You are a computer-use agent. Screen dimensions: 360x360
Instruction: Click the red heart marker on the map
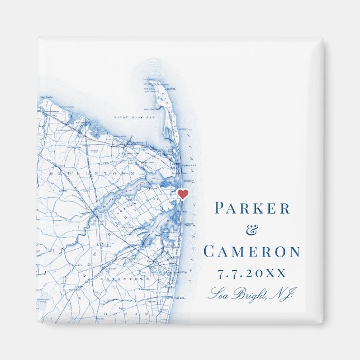pos(183,194)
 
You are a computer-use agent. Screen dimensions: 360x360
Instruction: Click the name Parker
pos(253,209)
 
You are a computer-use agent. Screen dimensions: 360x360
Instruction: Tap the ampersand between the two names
pos(253,230)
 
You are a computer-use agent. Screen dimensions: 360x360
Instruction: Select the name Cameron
pos(252,251)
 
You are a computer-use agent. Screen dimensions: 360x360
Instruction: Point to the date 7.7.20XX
pos(252,273)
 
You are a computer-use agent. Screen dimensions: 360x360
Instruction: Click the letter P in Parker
pos(220,209)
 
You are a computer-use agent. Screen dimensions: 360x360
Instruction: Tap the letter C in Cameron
pos(210,251)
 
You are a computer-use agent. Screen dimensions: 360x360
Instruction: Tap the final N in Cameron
pos(294,251)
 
